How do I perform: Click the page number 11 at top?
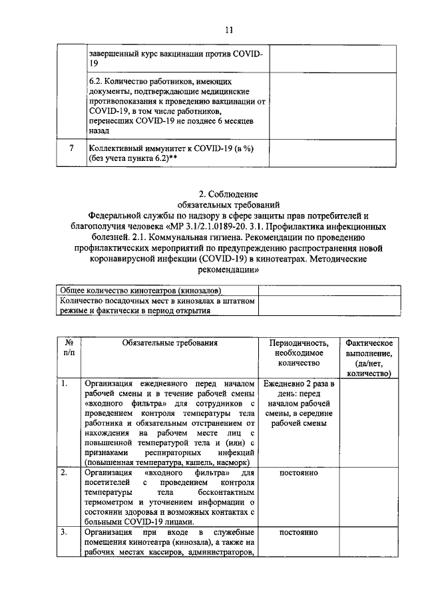(228, 30)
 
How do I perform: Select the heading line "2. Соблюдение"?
(228, 194)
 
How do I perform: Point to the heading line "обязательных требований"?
(228, 205)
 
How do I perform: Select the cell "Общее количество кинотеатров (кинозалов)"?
(141, 291)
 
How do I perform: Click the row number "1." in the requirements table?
(64, 384)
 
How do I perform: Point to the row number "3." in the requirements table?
(64, 532)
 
